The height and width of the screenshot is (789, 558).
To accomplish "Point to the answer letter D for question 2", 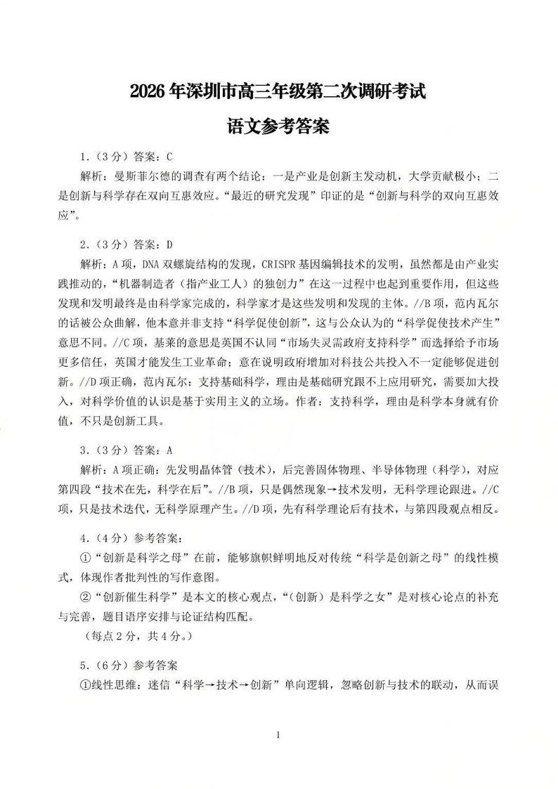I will (x=169, y=245).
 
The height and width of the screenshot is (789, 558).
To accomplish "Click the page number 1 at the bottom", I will (x=279, y=735).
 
